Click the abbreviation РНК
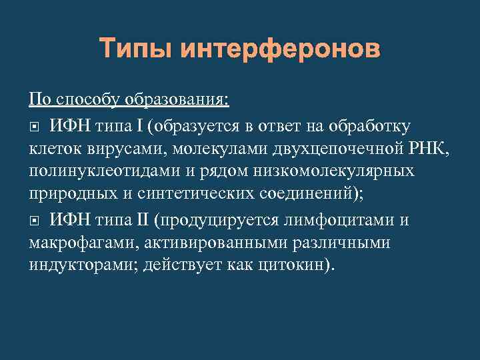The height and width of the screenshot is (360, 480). coord(429,148)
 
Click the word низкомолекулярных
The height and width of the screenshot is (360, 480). coord(337,171)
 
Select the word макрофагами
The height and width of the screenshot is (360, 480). coord(73,242)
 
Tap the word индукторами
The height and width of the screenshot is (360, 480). coord(74,265)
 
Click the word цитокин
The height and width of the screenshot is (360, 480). coord(287,265)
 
